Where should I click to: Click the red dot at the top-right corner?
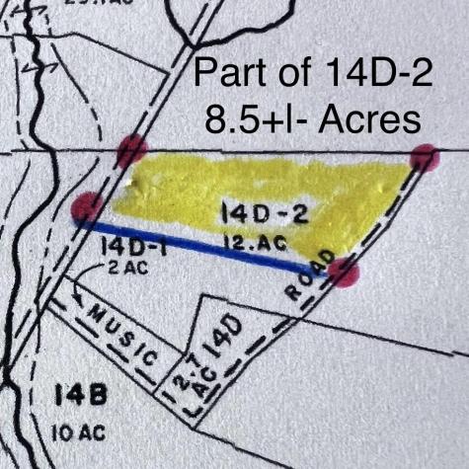point(425,158)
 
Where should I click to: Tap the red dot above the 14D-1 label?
point(88,206)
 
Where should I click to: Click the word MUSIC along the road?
point(124,331)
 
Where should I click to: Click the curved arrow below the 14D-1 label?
point(82,288)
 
